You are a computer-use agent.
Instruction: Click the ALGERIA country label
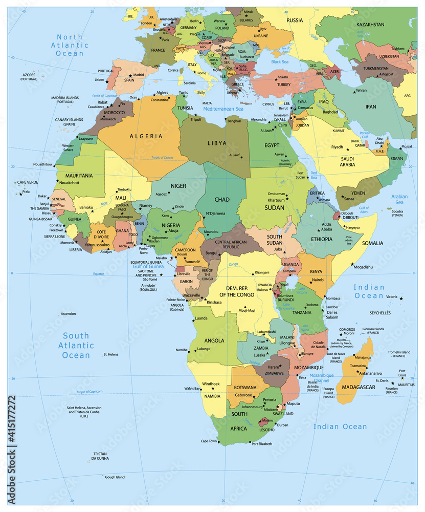[146, 136]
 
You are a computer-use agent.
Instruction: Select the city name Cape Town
[209, 441]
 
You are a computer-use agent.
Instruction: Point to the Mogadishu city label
[363, 267]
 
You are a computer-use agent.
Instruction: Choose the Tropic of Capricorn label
[90, 392]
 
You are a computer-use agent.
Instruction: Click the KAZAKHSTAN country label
[370, 25]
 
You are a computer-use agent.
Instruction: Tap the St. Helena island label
[110, 354]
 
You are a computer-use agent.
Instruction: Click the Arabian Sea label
[399, 200]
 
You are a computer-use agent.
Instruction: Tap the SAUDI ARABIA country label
[348, 161]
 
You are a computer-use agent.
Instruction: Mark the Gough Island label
[115, 477]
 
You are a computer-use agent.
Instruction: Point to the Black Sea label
[280, 61]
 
